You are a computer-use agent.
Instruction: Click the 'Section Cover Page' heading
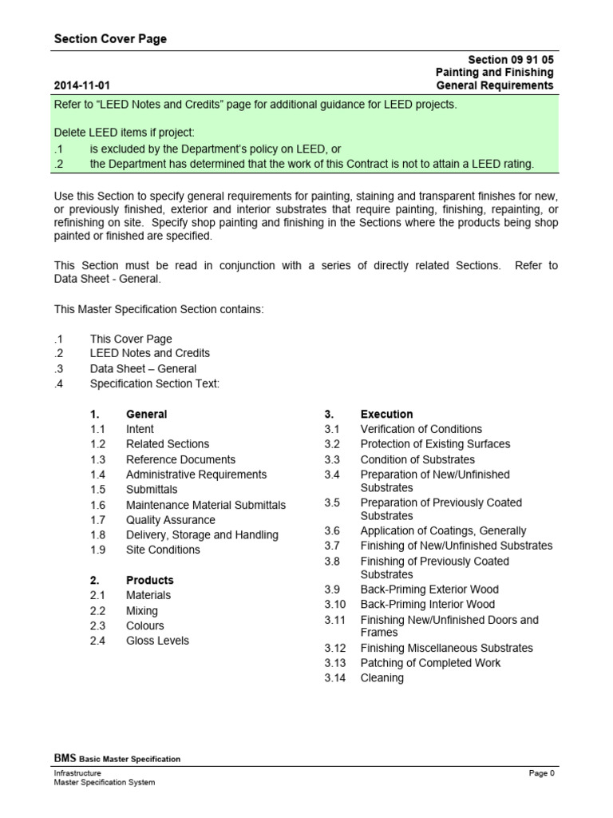pos(110,39)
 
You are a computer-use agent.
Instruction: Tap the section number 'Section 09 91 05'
pos(511,60)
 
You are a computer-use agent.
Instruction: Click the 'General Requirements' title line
pos(495,85)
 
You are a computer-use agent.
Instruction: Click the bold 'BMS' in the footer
pos(65,758)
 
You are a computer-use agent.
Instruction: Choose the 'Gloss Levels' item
pos(157,641)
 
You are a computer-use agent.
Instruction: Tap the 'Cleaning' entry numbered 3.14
pos(382,678)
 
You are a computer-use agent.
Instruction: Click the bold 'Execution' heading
pos(386,415)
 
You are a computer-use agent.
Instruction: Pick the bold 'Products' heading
pos(149,580)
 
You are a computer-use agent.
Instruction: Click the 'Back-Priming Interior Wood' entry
pos(428,605)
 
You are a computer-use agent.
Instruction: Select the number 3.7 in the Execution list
pos(332,546)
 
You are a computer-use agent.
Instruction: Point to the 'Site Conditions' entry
pos(163,550)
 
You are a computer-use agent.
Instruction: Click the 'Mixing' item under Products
pos(142,610)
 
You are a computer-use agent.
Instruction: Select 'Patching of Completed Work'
pos(431,663)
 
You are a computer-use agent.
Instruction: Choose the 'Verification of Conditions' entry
pos(421,429)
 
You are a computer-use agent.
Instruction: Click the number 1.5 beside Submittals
pos(98,490)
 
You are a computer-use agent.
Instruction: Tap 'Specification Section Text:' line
pos(154,383)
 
